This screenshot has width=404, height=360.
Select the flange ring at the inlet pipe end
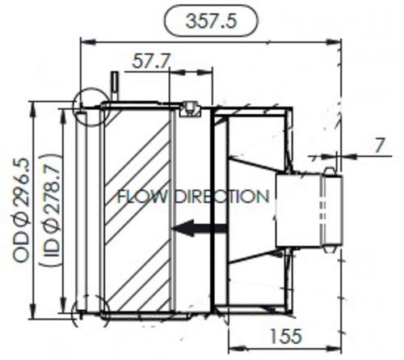click(328, 209)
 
